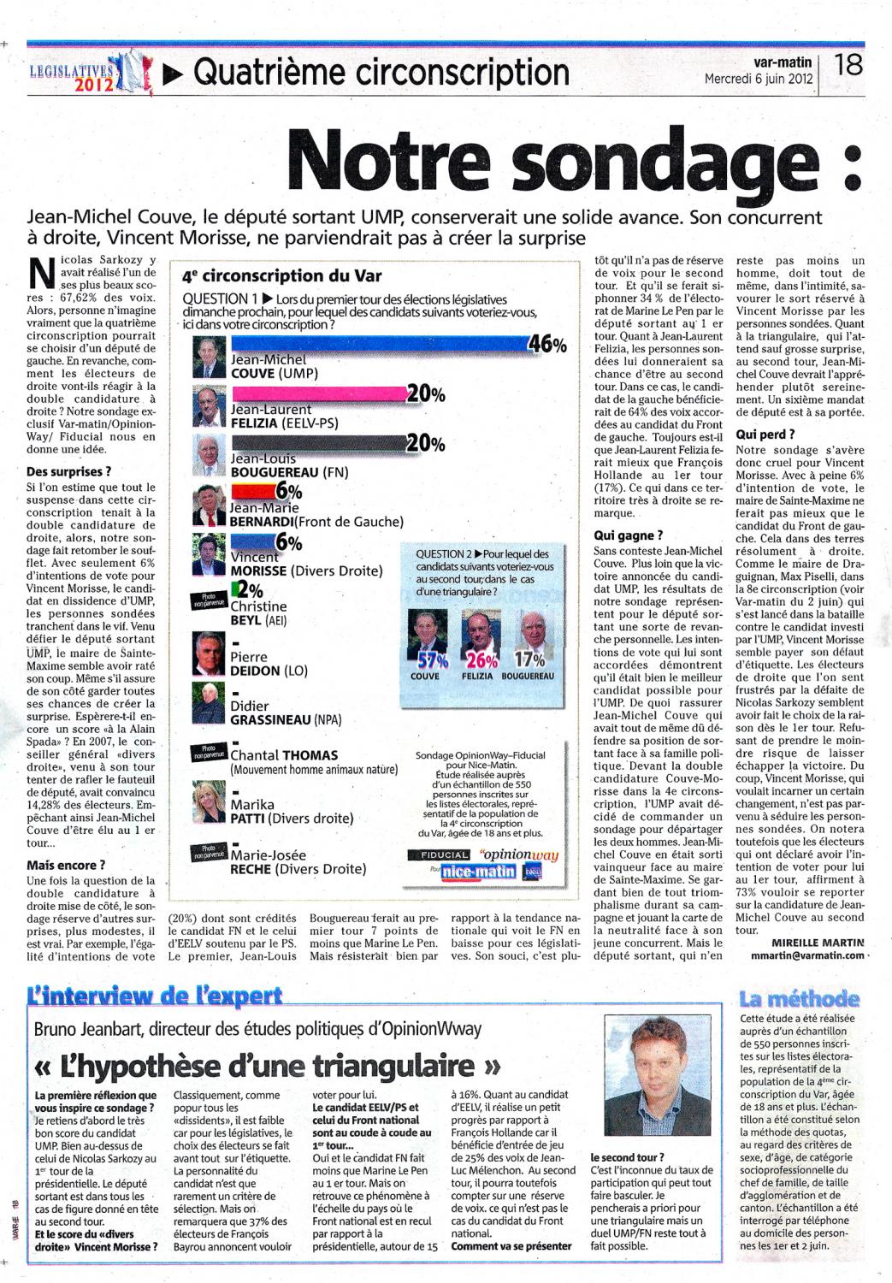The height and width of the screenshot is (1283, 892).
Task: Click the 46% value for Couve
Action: tap(547, 345)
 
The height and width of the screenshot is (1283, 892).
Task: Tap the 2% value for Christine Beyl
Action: tap(251, 589)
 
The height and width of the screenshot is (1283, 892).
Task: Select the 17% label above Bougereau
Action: tap(529, 659)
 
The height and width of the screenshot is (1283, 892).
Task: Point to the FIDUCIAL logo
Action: tap(445, 854)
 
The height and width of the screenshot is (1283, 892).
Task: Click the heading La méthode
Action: tap(800, 999)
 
